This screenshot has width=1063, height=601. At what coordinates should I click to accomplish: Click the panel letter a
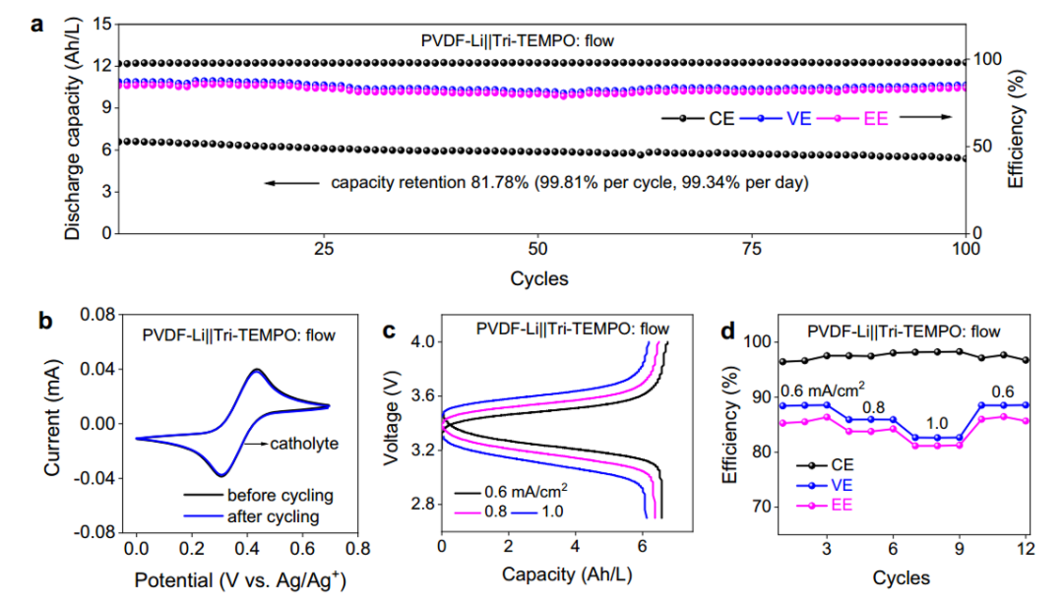tap(36, 25)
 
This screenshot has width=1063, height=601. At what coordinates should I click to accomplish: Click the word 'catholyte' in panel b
tap(305, 444)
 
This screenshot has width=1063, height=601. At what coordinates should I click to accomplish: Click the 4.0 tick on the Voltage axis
tap(420, 342)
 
